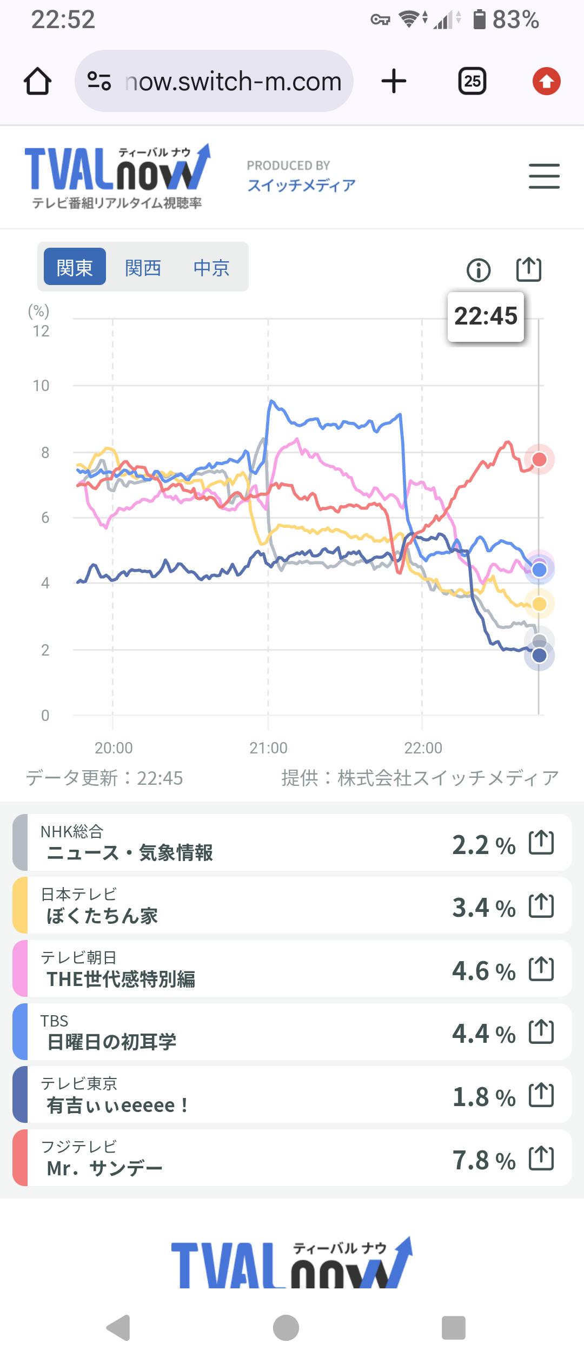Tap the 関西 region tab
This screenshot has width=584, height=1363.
143,267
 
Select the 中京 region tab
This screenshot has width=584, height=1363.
211,267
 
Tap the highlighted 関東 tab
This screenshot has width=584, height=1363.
75,267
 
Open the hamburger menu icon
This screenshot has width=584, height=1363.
544,176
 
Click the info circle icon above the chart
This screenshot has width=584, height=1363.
479,270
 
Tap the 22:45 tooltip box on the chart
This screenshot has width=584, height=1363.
486,316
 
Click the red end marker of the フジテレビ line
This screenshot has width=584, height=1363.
539,459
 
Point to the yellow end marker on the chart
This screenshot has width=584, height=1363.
539,604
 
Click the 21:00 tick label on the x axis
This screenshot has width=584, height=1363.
268,748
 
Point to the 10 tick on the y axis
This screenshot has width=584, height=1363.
41,386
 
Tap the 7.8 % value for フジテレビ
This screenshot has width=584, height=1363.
483,1161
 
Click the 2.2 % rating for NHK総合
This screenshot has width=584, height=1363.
483,845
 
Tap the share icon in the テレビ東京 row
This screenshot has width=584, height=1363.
541,1095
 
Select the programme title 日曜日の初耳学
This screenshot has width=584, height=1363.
112,1042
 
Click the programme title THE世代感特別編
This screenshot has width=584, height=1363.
121,979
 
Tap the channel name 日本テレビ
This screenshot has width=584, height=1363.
79,894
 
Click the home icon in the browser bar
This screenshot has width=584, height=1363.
38,82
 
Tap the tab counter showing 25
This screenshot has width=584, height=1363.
472,82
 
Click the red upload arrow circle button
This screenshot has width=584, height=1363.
546,82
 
